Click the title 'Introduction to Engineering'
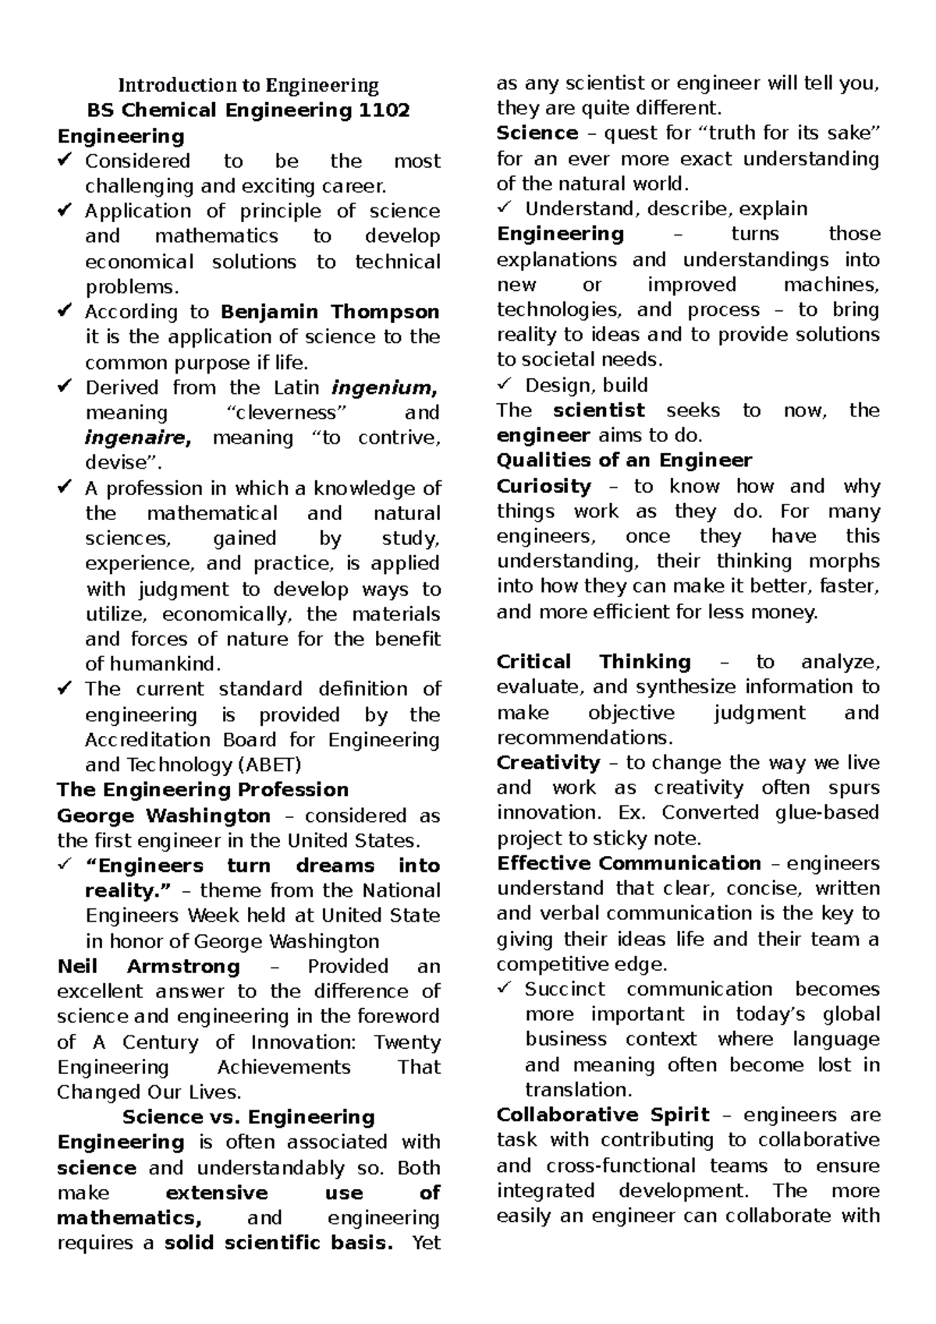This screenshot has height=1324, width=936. pos(248,85)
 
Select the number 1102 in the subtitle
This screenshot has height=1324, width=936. pos(383,110)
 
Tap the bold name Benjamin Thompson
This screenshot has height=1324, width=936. pos(331,312)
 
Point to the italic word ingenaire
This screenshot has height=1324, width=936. pos(137,438)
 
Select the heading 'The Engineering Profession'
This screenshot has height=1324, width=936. pos(203,790)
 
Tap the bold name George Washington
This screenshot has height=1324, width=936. pos(164,816)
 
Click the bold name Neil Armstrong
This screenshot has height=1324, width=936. pos(148,967)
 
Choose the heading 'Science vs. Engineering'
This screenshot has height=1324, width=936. pos(248,1117)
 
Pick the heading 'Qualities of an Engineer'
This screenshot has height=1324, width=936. pos(624,460)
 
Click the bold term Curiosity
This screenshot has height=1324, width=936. pos(544,487)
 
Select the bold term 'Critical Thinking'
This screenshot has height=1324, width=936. pos(593,662)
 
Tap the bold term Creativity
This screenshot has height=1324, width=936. pos(548,763)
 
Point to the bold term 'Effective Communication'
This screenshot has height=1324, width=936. pos(629,863)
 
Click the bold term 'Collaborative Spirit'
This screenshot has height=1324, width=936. pos(603,1115)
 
